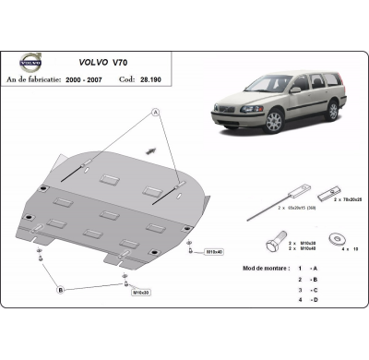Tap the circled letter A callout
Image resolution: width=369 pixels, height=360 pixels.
[x=155, y=112]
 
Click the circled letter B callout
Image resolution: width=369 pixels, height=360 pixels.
[x=61, y=290]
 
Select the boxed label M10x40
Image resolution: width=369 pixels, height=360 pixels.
[x=213, y=251]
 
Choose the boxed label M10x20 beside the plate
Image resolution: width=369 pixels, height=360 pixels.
[x=140, y=292]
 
